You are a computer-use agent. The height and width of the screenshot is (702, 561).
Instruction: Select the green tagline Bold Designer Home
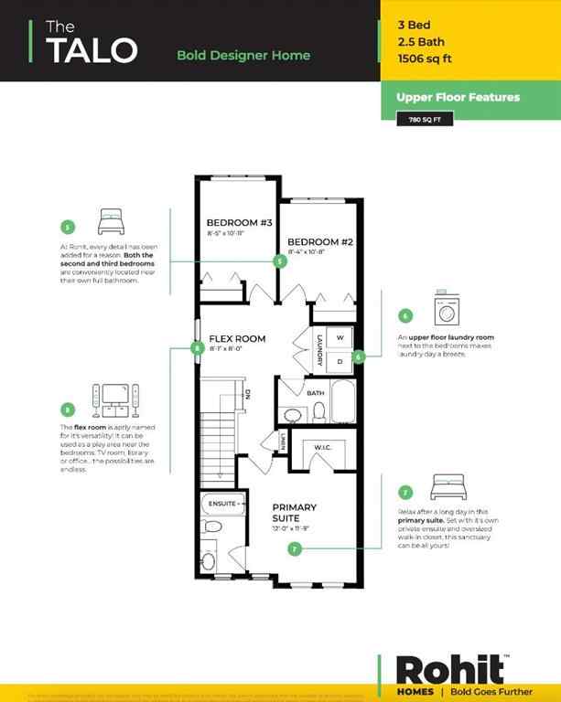click(243, 55)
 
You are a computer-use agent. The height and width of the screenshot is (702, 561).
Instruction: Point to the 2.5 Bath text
click(418, 41)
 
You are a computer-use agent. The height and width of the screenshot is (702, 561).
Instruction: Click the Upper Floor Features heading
click(458, 97)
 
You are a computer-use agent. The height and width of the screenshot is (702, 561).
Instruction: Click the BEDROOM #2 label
click(319, 241)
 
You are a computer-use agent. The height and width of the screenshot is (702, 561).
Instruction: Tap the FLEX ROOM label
click(237, 338)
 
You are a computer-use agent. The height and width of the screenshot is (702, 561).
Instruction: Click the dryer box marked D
click(340, 360)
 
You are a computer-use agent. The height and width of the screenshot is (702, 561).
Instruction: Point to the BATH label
click(315, 393)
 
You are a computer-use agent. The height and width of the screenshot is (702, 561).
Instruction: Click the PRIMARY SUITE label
click(294, 513)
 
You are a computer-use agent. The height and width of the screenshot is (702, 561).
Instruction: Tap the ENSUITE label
click(223, 503)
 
